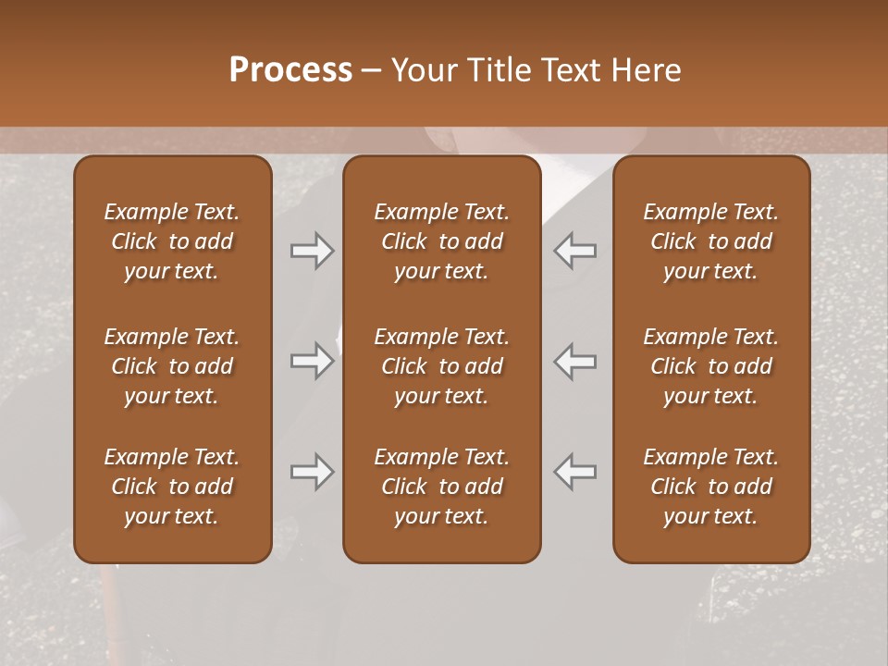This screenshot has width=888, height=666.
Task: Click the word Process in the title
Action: (x=290, y=70)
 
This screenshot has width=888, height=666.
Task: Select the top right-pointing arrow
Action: (x=312, y=250)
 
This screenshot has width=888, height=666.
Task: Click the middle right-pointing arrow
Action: (x=312, y=361)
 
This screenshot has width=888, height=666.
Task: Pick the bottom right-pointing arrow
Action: (x=312, y=472)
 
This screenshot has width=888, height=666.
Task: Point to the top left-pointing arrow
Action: (x=574, y=250)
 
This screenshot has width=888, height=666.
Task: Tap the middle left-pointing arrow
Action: (x=574, y=361)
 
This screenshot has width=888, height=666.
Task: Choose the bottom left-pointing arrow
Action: (x=574, y=472)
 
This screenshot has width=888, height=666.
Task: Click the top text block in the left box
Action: (x=172, y=241)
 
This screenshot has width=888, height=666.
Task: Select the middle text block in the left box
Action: (x=172, y=366)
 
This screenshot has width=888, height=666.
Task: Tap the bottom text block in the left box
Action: (x=172, y=487)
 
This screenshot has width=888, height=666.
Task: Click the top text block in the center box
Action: (x=441, y=241)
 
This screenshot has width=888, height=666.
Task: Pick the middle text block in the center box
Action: (x=441, y=366)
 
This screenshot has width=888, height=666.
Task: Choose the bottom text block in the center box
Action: (x=441, y=487)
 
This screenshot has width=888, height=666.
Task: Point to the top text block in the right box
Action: (x=710, y=241)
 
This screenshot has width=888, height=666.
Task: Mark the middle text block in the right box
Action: (x=710, y=366)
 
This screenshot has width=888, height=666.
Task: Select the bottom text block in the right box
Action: (x=710, y=487)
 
